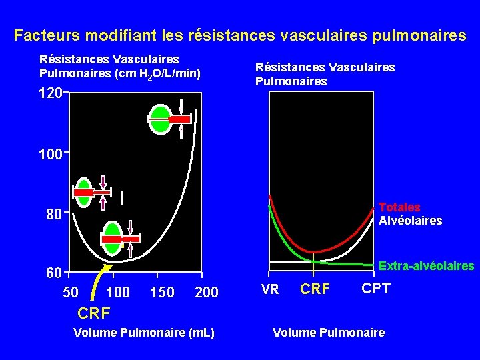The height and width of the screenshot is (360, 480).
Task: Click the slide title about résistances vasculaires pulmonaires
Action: point(240,35)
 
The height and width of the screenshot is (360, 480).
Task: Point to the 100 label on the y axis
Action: point(51,155)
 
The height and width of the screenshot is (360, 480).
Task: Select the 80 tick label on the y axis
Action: point(54,215)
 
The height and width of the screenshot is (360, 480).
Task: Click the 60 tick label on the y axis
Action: point(54,273)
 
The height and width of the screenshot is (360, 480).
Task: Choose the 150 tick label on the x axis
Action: point(162,293)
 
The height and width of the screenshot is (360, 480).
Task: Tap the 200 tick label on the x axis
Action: point(206,293)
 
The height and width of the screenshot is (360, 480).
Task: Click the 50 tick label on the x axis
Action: point(70,293)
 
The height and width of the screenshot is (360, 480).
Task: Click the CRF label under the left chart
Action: point(94,313)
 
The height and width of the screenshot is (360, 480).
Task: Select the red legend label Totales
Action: point(399,207)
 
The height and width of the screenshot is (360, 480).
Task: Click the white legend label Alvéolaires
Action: point(410,221)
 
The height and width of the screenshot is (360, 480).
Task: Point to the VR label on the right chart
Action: point(270,290)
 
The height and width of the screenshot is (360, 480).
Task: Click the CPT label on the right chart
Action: point(376,289)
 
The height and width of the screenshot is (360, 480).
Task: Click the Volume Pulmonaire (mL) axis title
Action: point(145,332)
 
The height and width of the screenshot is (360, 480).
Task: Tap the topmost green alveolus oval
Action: point(160,119)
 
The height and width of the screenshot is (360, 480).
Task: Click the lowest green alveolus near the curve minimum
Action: point(113,239)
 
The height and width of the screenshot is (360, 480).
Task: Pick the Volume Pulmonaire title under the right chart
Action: point(329,332)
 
